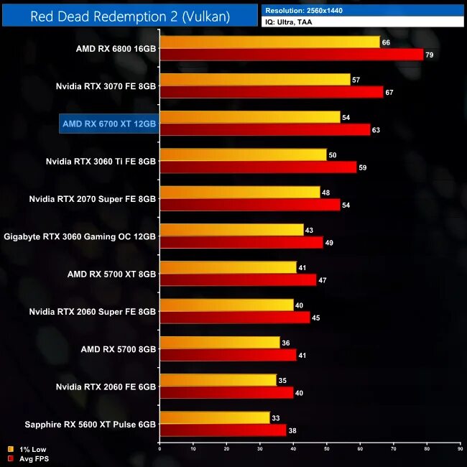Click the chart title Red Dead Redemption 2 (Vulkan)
[130, 17]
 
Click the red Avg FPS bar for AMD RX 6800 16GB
[291, 55]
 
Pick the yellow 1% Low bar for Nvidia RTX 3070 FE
[254, 80]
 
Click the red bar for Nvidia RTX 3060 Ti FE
[259, 167]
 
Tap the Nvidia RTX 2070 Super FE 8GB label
[93, 198]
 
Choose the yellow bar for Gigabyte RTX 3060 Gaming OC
[231, 229]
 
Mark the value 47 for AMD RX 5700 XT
[323, 280]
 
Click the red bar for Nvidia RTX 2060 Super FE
[235, 317]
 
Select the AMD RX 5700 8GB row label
[119, 348]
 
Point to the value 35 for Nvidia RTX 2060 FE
[282, 379]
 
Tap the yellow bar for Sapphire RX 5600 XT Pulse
[215, 417]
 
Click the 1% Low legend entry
[29, 449]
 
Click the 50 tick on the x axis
[326, 448]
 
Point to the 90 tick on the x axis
[460, 448]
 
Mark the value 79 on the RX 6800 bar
[430, 55]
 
